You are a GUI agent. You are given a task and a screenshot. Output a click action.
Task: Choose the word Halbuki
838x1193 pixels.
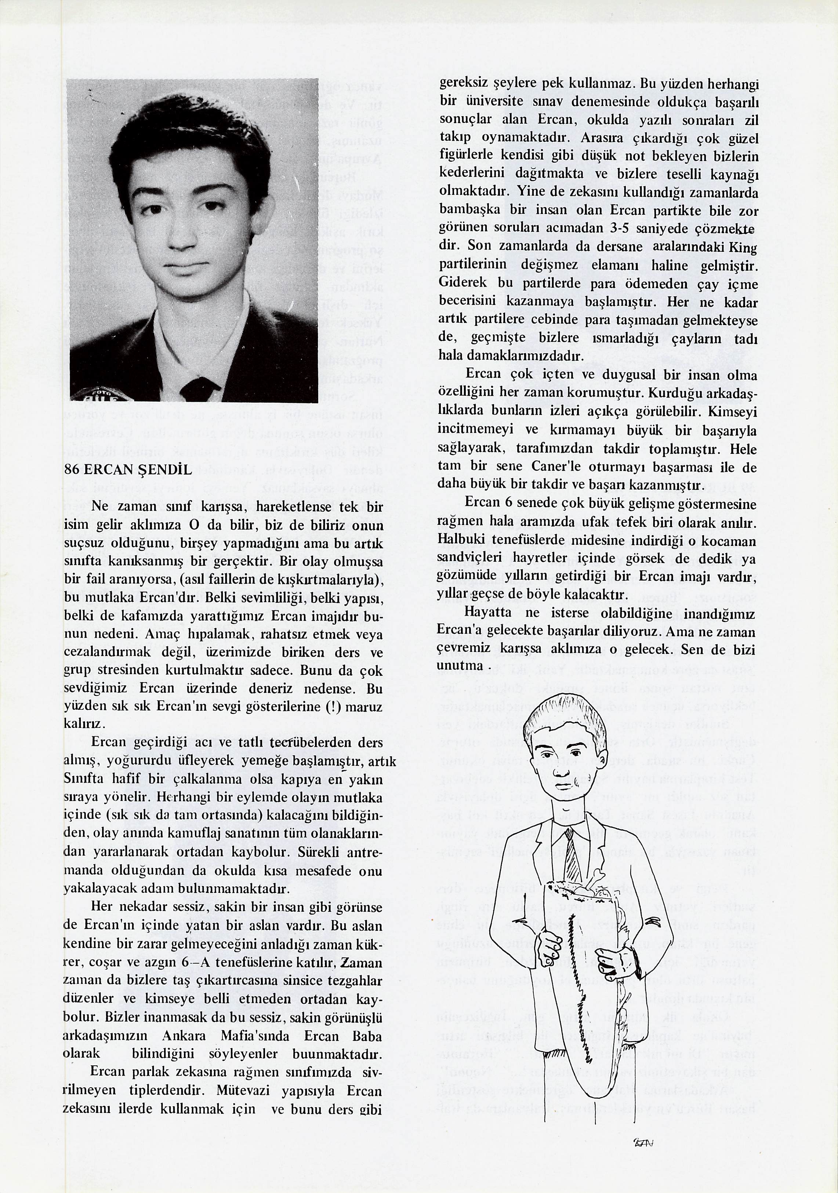[x=460, y=540]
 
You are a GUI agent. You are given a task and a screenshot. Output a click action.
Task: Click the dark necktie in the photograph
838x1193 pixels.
[x=200, y=387]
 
